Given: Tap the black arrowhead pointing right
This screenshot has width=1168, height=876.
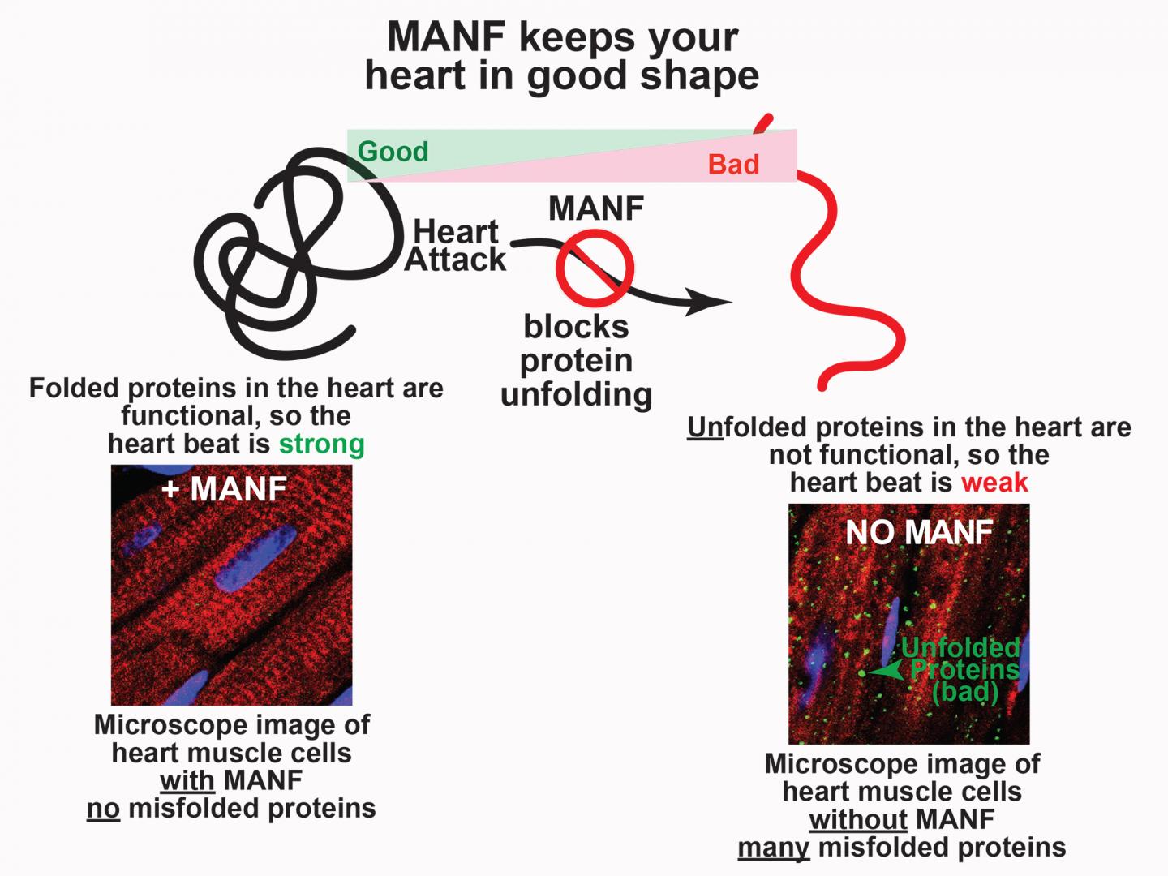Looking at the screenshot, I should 711,303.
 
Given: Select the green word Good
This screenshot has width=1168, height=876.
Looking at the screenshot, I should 393,152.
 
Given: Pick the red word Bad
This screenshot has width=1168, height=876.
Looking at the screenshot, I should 733,165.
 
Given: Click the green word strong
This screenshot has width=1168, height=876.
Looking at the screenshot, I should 322,444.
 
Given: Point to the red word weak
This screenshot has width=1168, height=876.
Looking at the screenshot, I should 994,483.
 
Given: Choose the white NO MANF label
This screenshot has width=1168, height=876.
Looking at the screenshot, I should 919,532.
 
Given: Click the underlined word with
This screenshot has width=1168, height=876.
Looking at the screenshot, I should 187,781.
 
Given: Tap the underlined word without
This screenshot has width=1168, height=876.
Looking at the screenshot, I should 858,819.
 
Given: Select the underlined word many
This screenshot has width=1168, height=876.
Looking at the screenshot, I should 773,848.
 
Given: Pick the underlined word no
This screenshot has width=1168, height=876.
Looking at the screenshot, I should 103,809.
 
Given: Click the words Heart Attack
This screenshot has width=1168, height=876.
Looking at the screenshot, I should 456,246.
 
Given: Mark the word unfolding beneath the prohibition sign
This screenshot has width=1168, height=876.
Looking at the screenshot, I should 576,395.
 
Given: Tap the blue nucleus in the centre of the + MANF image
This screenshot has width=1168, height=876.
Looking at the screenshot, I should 253,559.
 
